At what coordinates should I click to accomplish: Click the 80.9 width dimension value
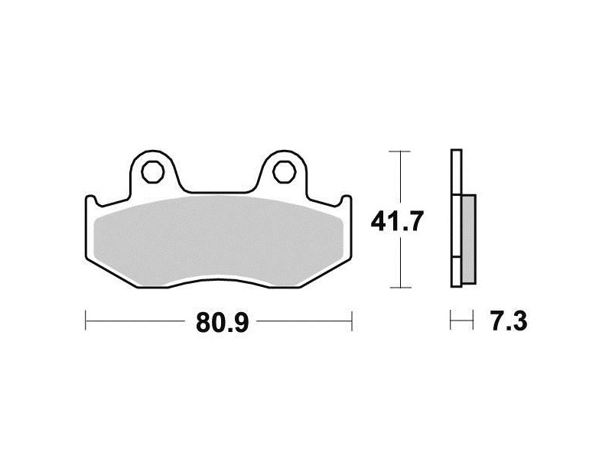[x=222, y=322]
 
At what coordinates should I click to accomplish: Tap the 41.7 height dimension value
[x=396, y=222]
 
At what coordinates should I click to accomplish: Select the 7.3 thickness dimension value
[x=509, y=321]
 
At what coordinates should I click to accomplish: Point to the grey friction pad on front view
[x=220, y=240]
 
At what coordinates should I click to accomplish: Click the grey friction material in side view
[x=468, y=239]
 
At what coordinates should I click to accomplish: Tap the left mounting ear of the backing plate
[x=154, y=171]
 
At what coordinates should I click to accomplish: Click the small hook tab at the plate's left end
[x=91, y=200]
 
